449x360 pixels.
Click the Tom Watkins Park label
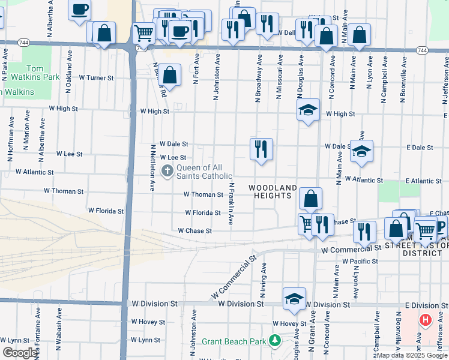coord(34,73)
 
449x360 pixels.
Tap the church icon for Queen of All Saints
coord(167,172)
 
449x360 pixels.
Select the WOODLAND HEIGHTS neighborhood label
coord(273,192)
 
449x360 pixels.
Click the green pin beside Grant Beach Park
coord(275,341)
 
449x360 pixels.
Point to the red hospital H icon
coord(426,320)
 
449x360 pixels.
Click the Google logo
coord(20,353)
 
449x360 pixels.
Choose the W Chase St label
coord(195,230)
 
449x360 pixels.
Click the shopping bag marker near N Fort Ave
coord(170,75)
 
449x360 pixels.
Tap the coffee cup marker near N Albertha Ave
coord(79,10)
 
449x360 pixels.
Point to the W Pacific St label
coord(361,262)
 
